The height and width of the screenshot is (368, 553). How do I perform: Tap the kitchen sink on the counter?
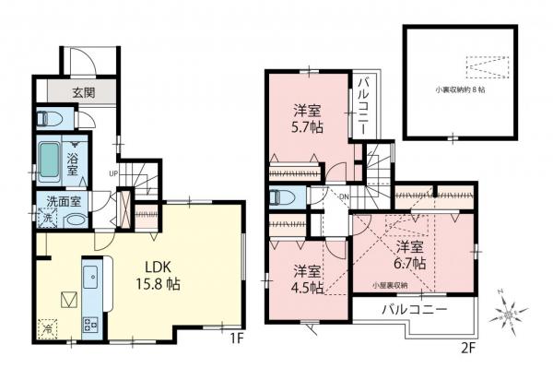(92, 277)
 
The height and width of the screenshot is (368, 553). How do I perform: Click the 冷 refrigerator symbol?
(47, 326)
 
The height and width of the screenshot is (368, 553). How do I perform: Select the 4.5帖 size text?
(308, 287)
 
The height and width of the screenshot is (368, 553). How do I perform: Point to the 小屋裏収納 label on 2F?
(391, 285)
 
